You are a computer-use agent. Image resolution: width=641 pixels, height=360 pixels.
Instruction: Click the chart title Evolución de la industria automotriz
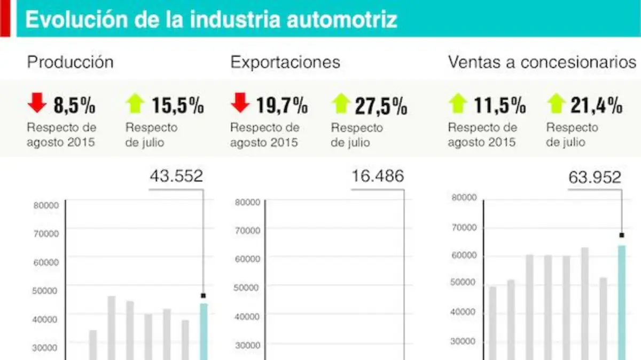click(211, 19)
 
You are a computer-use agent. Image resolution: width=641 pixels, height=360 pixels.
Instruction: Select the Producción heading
click(70, 62)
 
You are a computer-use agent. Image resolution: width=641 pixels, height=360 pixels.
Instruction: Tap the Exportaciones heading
click(285, 62)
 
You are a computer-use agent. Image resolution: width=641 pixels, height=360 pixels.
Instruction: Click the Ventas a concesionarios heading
click(542, 62)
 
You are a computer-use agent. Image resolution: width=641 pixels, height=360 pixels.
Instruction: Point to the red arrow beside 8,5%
click(37, 102)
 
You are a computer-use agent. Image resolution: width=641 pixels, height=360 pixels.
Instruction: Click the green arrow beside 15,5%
click(135, 103)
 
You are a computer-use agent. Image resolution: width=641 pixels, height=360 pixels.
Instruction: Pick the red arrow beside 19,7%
click(240, 102)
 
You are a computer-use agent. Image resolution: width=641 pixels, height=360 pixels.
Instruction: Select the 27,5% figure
click(381, 106)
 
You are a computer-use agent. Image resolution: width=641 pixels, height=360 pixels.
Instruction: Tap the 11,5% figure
click(500, 106)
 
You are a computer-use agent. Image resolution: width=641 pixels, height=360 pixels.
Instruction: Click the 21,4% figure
click(597, 106)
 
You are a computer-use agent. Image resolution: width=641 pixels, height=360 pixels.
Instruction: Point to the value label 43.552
click(176, 175)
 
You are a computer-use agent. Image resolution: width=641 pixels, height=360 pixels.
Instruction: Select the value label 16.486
click(378, 175)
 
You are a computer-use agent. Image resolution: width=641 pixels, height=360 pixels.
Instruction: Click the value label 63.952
click(595, 177)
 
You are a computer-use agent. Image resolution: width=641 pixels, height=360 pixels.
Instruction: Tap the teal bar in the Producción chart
click(204, 332)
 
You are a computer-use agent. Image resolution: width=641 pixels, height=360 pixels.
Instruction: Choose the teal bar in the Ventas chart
click(622, 302)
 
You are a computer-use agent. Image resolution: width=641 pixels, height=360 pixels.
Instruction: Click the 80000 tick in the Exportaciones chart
click(247, 202)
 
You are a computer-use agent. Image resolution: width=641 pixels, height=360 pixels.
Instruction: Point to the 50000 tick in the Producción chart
click(45, 291)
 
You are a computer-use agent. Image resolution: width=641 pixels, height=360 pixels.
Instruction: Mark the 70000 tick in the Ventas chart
click(464, 227)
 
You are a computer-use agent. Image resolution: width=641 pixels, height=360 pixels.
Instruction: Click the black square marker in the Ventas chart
click(622, 235)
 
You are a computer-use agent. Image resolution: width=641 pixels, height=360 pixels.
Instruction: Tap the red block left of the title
click(5, 18)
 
